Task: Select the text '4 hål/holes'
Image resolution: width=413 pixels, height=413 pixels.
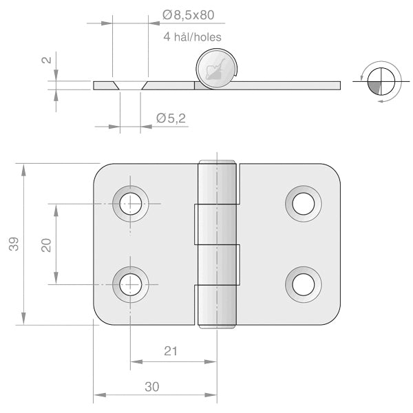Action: pyautogui.click(x=192, y=37)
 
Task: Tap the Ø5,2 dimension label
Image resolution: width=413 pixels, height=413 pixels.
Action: pyautogui.click(x=171, y=119)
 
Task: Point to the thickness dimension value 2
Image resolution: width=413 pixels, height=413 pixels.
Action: pyautogui.click(x=46, y=60)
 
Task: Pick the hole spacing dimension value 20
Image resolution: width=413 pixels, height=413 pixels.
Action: pyautogui.click(x=46, y=244)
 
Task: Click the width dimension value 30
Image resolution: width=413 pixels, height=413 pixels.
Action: pyautogui.click(x=152, y=387)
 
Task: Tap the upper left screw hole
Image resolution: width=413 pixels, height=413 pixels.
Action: pyautogui.click(x=131, y=203)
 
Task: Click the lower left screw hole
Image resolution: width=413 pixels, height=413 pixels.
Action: pyautogui.click(x=131, y=284)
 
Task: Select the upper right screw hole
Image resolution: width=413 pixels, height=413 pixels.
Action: pyautogui.click(x=303, y=203)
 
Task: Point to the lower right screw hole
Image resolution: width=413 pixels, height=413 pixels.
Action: pyautogui.click(x=303, y=284)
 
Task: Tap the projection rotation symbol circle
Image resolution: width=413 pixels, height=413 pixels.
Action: pyautogui.click(x=379, y=81)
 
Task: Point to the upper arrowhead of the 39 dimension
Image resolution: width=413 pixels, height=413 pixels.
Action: pyautogui.click(x=24, y=169)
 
